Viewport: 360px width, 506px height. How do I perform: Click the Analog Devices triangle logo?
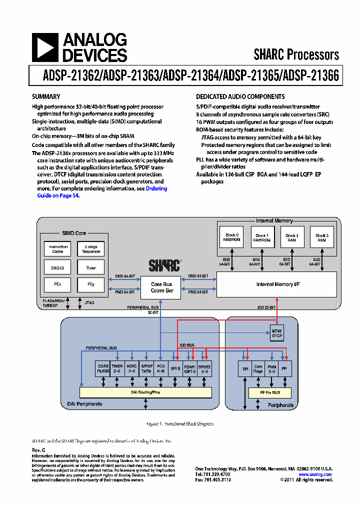click(44, 48)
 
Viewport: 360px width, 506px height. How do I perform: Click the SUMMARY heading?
click(46, 96)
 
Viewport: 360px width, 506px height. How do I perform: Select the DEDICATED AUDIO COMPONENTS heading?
click(240, 96)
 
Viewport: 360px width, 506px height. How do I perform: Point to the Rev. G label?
click(38, 450)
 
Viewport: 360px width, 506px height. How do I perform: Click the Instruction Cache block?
click(58, 249)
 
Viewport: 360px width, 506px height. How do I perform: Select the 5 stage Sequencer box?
click(90, 249)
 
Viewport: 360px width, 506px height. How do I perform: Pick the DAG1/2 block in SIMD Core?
click(58, 268)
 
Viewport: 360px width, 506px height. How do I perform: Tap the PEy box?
click(90, 284)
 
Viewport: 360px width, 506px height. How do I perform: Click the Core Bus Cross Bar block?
click(161, 287)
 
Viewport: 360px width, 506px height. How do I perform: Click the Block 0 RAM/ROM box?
click(232, 237)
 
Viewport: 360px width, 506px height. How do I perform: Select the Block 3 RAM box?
click(321, 237)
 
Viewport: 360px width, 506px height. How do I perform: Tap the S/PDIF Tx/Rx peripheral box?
click(147, 368)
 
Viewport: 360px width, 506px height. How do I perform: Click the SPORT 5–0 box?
click(204, 368)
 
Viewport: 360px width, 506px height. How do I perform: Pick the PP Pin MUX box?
click(270, 392)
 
